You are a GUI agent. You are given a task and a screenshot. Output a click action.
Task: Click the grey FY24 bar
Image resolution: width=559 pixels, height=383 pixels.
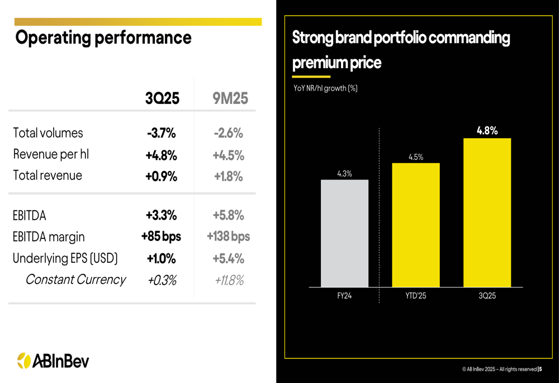click(x=344, y=233)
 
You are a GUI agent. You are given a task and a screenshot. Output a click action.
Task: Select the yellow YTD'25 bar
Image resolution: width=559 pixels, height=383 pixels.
click(x=415, y=225)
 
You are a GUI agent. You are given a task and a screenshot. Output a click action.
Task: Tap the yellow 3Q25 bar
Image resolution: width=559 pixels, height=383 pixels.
click(x=487, y=212)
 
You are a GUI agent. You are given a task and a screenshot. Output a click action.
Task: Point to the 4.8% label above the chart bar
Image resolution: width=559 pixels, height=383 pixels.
click(x=487, y=131)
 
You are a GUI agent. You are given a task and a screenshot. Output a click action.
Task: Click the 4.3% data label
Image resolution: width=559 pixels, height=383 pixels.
click(x=344, y=173)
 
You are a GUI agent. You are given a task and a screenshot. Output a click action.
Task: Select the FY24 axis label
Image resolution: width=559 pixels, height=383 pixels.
click(x=344, y=296)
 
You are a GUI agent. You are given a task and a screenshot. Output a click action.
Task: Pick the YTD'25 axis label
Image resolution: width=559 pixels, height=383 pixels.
click(x=415, y=296)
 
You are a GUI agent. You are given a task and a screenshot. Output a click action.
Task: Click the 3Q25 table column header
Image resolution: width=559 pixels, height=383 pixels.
click(x=162, y=98)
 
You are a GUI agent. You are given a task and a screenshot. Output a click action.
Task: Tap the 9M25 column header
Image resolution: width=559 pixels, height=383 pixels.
click(x=230, y=99)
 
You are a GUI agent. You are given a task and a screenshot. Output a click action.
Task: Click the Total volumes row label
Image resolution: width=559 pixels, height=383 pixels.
click(x=48, y=133)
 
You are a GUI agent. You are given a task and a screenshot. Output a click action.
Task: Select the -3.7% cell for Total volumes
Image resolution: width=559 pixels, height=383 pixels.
click(x=161, y=133)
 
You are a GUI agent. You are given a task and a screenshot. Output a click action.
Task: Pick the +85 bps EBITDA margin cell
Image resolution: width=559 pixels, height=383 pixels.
click(x=161, y=237)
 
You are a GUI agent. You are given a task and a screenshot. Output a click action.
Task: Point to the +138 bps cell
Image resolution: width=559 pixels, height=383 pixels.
click(x=229, y=237)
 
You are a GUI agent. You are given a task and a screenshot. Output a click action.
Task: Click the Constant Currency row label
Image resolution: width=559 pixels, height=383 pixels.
click(x=75, y=280)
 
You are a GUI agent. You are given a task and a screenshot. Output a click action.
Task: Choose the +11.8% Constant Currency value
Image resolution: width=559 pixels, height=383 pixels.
click(x=229, y=280)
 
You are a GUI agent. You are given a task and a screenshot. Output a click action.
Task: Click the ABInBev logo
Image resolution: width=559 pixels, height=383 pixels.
click(x=53, y=361)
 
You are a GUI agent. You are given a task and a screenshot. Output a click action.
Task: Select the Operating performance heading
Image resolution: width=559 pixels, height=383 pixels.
click(x=103, y=38)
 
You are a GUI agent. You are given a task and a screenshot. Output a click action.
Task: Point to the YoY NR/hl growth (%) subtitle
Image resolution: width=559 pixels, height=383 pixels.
click(x=325, y=88)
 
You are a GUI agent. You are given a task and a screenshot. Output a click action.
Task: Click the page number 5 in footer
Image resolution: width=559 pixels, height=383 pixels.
click(x=540, y=369)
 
